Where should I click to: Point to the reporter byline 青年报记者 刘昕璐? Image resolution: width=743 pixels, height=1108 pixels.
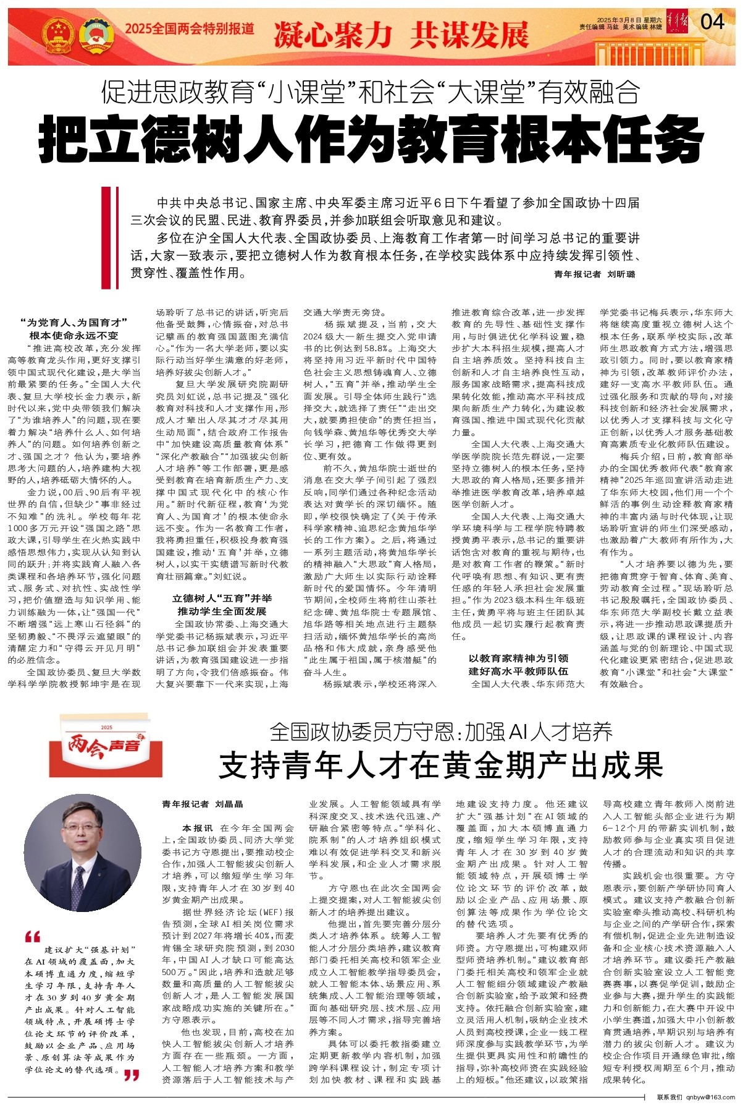(x=594, y=274)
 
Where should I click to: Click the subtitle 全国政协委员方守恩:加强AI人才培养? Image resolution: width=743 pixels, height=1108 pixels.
(x=441, y=732)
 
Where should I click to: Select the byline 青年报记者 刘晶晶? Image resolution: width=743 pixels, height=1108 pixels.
(x=203, y=804)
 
